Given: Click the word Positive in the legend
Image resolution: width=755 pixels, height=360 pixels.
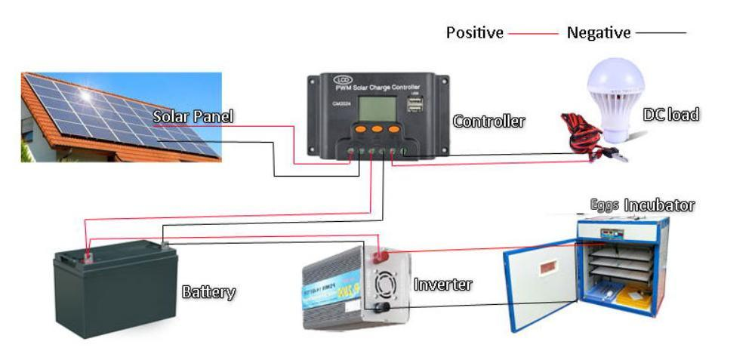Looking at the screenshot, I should (x=474, y=32).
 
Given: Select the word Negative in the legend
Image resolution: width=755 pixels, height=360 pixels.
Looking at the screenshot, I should (x=598, y=32).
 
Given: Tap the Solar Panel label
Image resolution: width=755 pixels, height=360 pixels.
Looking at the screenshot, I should (x=193, y=117).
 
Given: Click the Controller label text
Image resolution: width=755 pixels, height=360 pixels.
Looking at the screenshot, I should (x=488, y=121).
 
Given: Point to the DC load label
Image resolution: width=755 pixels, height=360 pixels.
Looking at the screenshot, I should (x=670, y=115).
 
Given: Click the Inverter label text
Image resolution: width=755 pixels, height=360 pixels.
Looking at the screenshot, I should (x=442, y=285).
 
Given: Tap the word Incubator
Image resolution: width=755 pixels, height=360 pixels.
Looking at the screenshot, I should (x=659, y=205).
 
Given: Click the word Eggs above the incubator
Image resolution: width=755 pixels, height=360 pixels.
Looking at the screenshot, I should (x=605, y=205).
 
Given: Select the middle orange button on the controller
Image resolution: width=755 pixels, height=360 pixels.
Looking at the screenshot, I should (x=375, y=130).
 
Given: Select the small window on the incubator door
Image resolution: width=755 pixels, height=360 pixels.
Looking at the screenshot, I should (x=541, y=268).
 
